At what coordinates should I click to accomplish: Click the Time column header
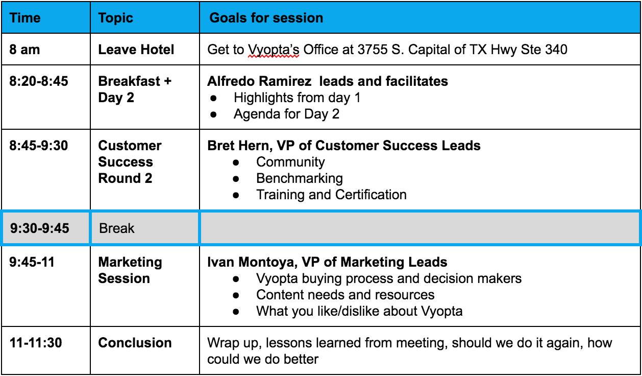pos(25,18)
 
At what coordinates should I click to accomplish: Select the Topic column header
pos(115,18)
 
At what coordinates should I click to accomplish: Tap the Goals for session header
pos(266,18)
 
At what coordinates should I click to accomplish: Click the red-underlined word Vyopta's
pos(274,50)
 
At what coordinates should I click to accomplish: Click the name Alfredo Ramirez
pos(259,81)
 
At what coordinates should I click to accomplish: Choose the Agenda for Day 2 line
pos(286,114)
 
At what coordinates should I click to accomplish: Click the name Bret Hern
pos(240,146)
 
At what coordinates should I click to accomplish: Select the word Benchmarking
pos(300,179)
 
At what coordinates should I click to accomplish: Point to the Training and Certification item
pos(331,195)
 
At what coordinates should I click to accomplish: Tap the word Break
pos(117,228)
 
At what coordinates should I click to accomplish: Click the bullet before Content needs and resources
pos(236,295)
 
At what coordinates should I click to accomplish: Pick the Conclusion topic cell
pos(135,343)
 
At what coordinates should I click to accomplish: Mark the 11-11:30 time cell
pos(36,343)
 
